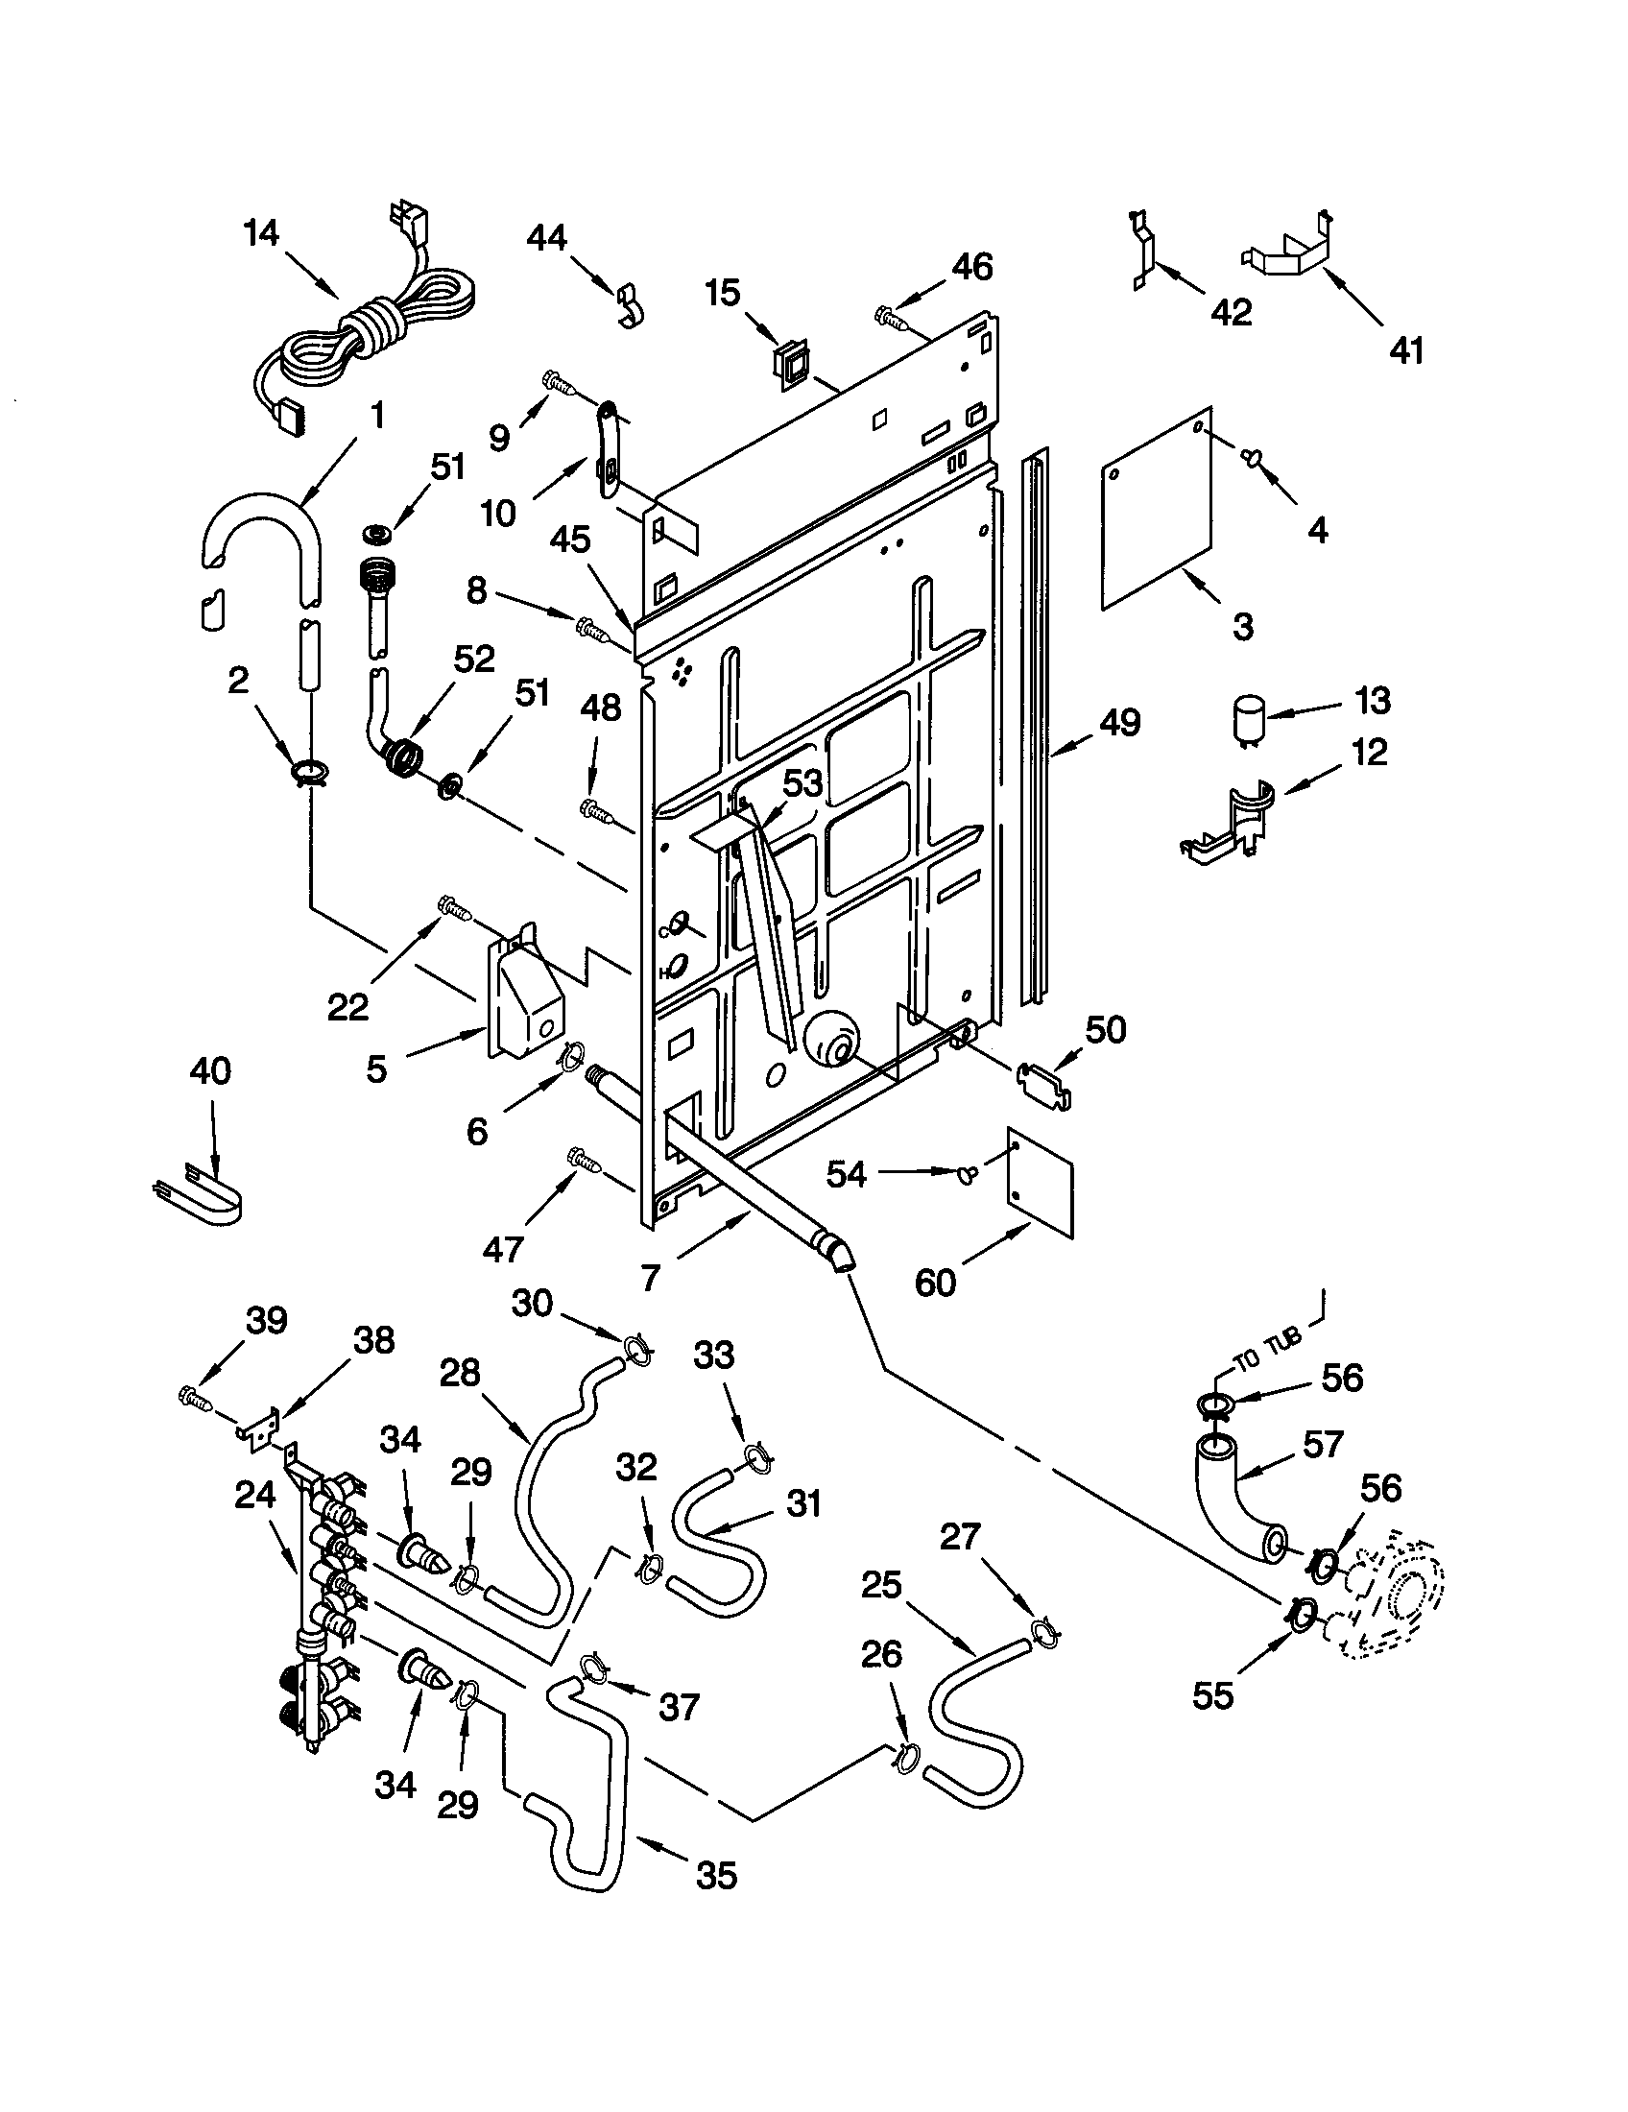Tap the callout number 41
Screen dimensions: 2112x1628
[1406, 350]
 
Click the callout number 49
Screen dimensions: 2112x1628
[1119, 722]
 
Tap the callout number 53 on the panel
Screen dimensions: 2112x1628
[802, 783]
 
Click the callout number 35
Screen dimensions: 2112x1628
[715, 1875]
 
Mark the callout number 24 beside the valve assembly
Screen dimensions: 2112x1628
[255, 1496]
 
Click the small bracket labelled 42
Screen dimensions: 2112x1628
[1144, 252]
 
